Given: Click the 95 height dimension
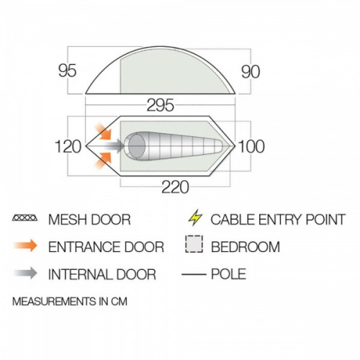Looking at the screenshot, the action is point(68,71).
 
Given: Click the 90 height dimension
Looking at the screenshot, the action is point(251,72).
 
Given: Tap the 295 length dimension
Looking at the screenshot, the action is point(160,105).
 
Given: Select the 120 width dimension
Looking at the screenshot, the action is point(68,147).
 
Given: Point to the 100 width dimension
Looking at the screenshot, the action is point(251,146).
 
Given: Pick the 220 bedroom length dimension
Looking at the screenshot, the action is point(175,187).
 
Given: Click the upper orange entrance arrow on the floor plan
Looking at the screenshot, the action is point(103,131).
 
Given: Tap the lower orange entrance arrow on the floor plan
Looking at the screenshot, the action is point(103,161).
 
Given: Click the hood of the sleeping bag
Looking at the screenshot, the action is point(137,146).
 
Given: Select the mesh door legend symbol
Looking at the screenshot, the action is point(24,218).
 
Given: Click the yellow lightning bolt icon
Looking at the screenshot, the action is point(195,217).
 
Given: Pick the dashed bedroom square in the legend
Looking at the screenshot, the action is point(194,244).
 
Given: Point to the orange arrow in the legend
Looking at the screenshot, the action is point(25,246).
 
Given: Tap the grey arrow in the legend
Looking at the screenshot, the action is point(25,274).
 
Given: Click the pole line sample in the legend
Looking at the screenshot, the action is point(194,274).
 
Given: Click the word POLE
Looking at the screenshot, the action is point(228,274).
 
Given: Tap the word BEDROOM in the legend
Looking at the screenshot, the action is point(246,247).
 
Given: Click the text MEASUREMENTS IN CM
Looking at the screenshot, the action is point(70,302).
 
